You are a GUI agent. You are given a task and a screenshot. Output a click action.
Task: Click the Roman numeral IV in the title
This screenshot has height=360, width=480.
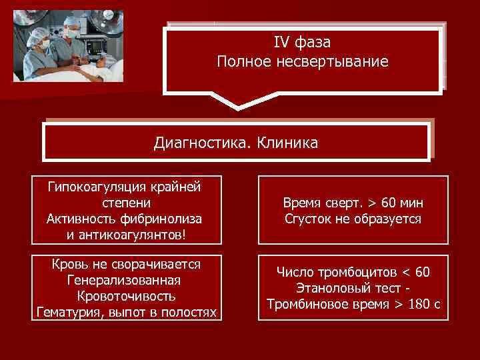281,43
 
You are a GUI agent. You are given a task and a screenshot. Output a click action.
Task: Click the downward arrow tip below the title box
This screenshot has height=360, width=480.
237,107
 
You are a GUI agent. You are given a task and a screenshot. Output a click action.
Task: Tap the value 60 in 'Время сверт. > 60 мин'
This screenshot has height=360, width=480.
389,203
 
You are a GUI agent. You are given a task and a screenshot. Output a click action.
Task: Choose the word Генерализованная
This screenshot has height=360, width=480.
127,280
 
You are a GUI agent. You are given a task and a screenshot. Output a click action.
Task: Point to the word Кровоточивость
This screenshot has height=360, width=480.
127,296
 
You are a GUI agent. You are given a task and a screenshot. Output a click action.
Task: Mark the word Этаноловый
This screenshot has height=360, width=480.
327,288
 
